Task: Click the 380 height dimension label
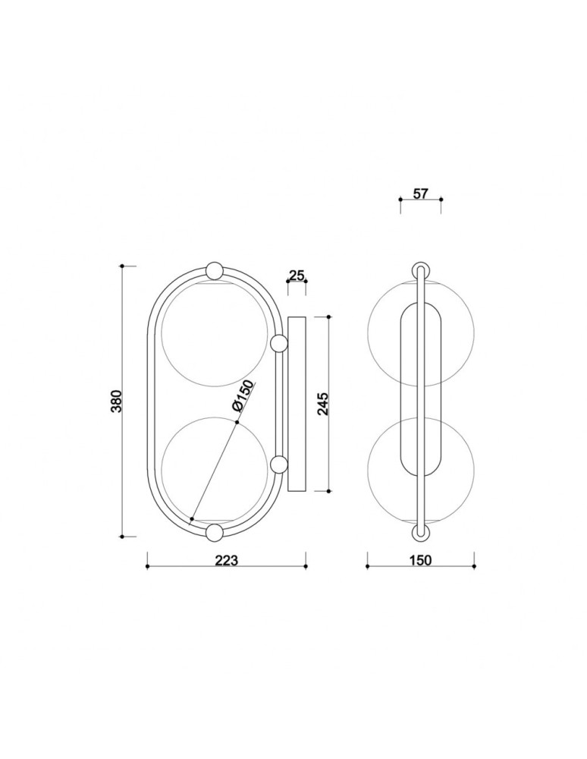[116, 401]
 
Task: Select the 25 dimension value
[297, 275]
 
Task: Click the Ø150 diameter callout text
[243, 397]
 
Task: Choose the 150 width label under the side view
[419, 560]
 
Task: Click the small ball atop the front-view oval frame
[215, 271]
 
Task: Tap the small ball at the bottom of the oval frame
[215, 532]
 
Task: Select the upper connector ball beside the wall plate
[278, 343]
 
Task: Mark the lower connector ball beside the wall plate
[278, 465]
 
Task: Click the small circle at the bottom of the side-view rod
[419, 533]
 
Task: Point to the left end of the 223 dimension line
[147, 566]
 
